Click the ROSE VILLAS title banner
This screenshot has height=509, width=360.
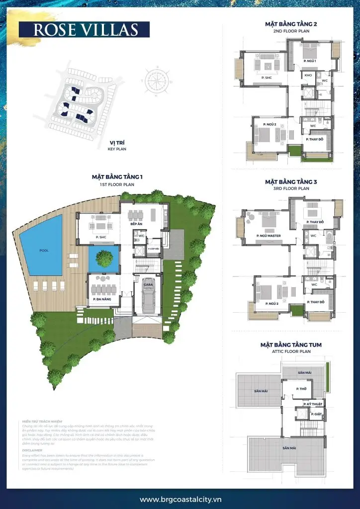click(x=85, y=29)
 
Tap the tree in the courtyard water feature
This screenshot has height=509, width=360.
click(x=104, y=258)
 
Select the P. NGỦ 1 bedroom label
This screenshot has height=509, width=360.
click(x=310, y=61)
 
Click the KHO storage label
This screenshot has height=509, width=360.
click(x=308, y=76)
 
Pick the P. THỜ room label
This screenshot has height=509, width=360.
click(x=300, y=389)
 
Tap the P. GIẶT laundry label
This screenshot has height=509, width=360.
click(x=316, y=414)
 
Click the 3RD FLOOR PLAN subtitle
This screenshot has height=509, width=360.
click(x=291, y=188)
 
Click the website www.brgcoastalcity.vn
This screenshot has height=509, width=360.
click(x=180, y=499)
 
